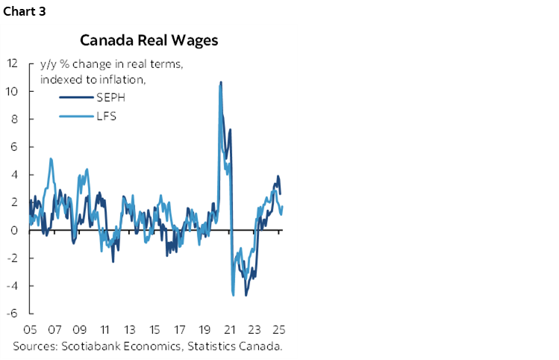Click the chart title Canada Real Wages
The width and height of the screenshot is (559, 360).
pos(149,40)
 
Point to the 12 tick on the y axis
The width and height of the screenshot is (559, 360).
pos(13,63)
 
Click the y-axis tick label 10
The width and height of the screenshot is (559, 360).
pos(13,91)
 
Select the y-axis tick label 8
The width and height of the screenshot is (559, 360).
pos(15,119)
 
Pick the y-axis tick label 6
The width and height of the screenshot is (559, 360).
pos(15,147)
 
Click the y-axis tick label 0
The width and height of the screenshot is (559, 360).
pos(15,231)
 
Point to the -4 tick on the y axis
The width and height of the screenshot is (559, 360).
pos(13,286)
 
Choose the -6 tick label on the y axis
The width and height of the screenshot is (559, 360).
pos(13,314)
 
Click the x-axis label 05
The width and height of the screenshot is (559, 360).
pos(31,329)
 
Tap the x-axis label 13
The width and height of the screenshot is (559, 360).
pos(130,329)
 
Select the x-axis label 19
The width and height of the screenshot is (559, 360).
pos(204,329)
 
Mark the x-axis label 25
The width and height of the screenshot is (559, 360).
pos(279,329)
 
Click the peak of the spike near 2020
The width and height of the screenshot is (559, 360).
pos(220,82)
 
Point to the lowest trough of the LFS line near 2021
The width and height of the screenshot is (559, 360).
pos(234,295)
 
